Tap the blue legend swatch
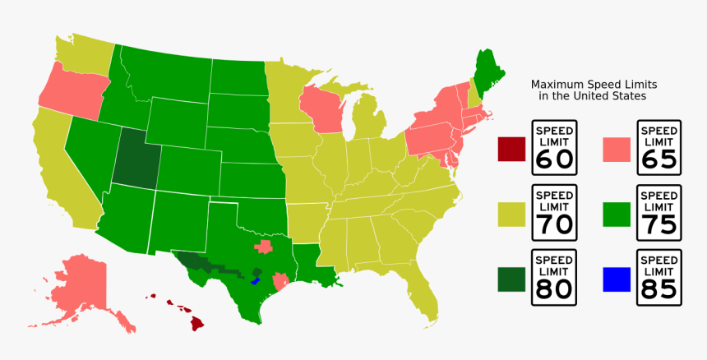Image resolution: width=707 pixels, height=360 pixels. point(617,279)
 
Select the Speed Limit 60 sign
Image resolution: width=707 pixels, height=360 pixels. point(554,149)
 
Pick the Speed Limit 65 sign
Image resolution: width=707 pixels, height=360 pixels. point(658,149)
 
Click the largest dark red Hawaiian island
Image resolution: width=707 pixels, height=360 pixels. point(196,321)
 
